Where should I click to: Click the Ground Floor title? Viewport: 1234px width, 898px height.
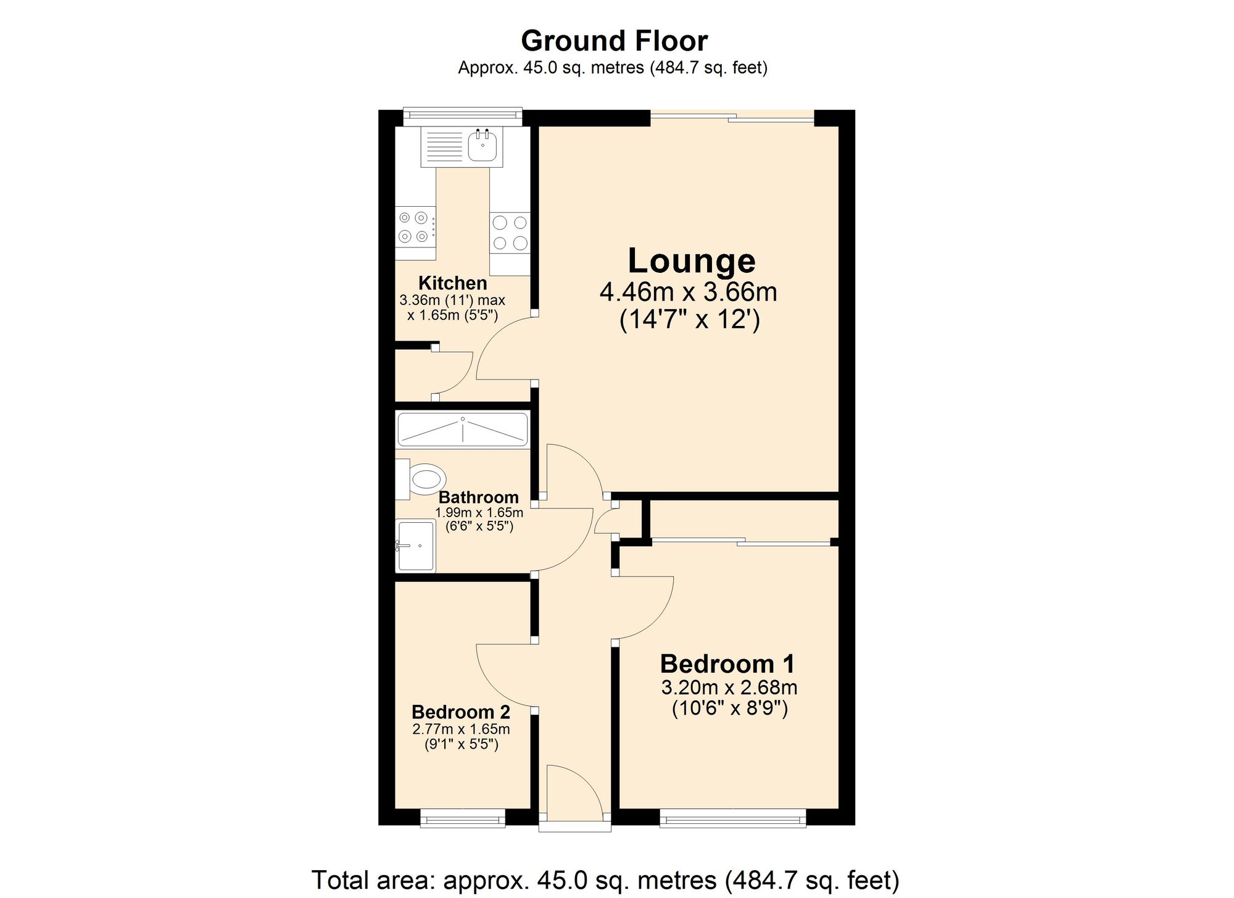pos(614,41)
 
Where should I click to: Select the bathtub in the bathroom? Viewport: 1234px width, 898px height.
pos(462,430)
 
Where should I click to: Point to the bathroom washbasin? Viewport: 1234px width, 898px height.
pos(415,546)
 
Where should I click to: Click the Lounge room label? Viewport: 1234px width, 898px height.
pos(691,261)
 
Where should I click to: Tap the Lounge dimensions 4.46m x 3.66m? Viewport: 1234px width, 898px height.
pos(688,292)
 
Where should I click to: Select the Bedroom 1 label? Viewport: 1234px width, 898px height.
pos(727,664)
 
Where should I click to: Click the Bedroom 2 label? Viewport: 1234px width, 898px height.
pos(461,712)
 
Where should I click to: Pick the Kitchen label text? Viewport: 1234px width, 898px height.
pos(452,283)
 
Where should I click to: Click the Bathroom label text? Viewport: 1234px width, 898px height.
pos(478,497)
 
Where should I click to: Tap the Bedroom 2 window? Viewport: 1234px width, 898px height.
pos(462,819)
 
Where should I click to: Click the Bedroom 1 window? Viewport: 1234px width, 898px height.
pos(732,819)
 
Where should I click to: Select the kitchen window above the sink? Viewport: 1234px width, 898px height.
pos(462,115)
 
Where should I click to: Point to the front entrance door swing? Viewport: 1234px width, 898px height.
pos(574,793)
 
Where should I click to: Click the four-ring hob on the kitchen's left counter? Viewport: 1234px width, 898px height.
pos(413,227)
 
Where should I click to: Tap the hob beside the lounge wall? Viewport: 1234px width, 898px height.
pos(510,233)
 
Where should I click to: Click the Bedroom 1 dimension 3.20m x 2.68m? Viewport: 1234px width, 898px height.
pos(729,688)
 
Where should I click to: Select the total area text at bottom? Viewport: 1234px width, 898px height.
pos(605,880)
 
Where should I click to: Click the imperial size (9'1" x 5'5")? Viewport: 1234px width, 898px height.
pos(461,744)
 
